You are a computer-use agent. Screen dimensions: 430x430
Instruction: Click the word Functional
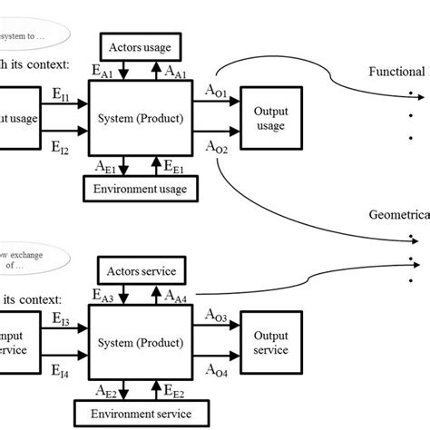coord(396,72)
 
